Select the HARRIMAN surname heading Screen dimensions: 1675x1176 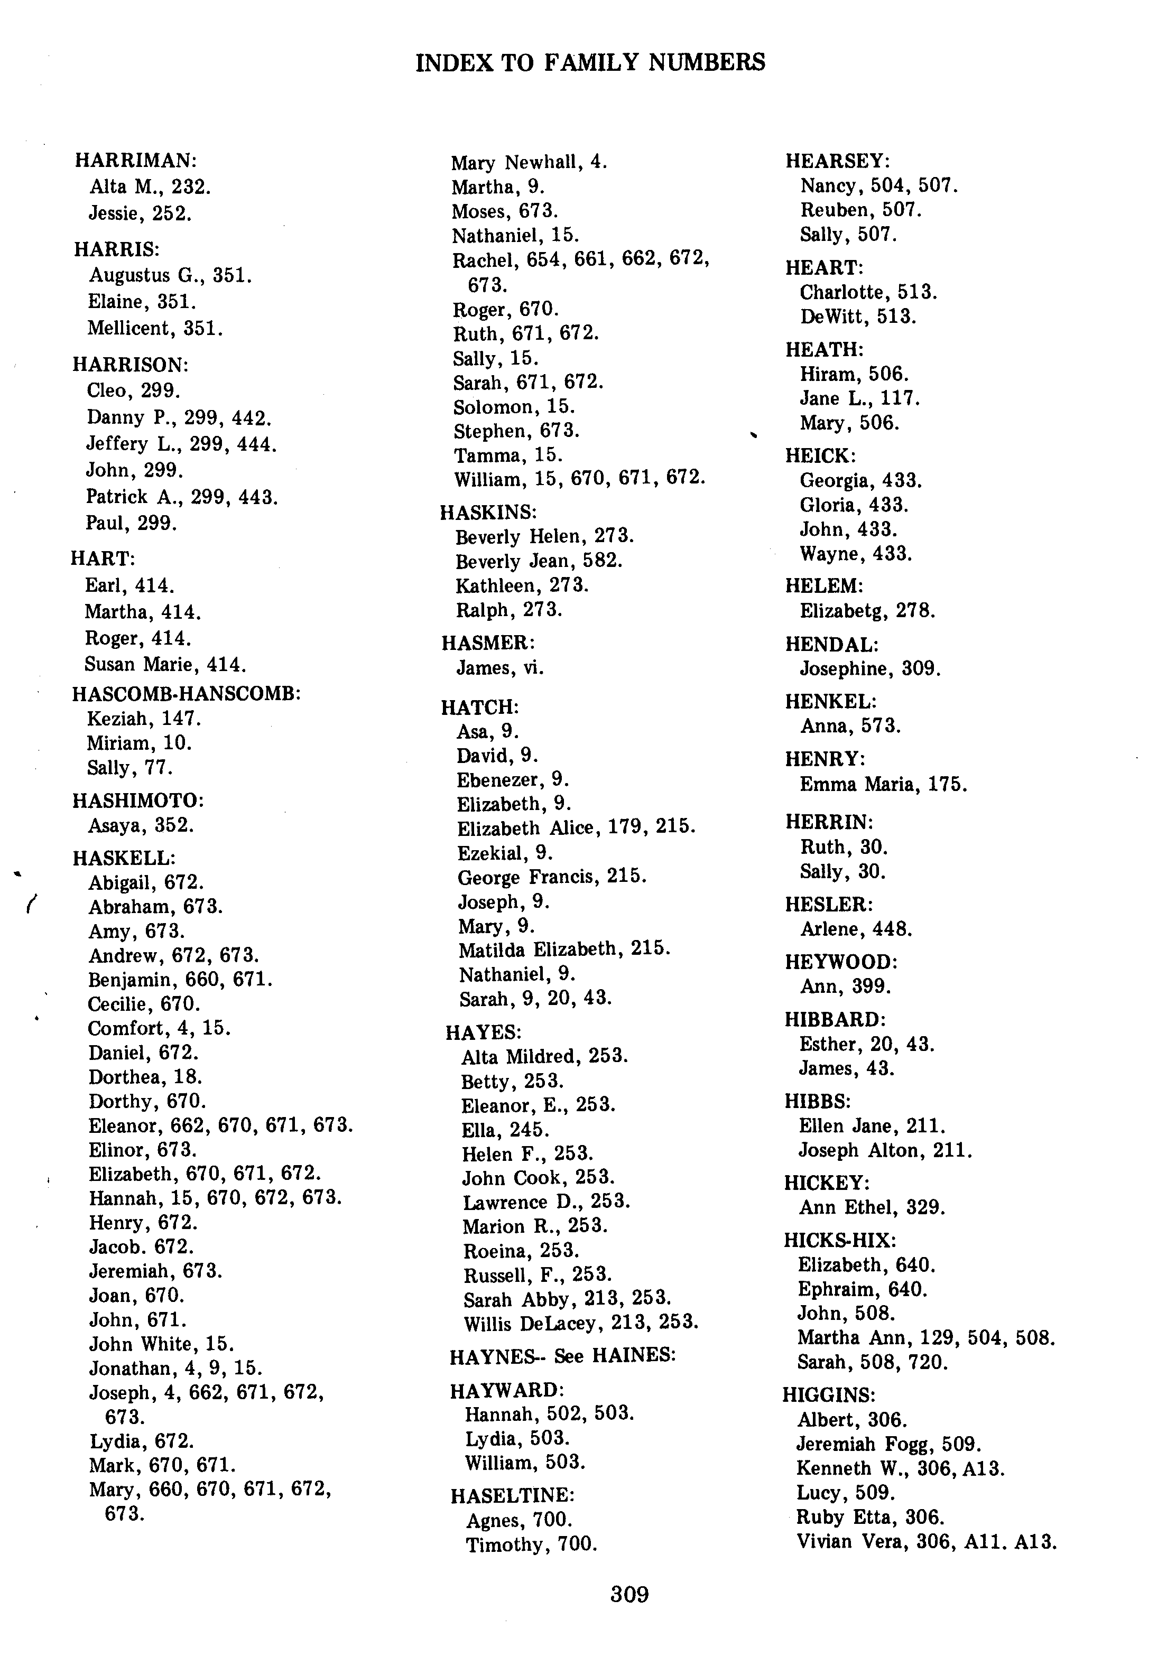(x=136, y=161)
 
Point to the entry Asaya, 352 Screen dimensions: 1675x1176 (x=141, y=825)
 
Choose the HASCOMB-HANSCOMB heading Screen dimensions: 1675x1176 (x=187, y=694)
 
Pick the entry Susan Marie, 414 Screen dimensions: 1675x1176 (x=165, y=665)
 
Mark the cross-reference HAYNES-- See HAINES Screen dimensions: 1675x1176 (x=562, y=1355)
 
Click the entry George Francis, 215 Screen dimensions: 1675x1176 (x=551, y=876)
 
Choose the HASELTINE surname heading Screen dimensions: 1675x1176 (x=512, y=1495)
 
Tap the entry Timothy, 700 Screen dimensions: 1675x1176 (x=531, y=1544)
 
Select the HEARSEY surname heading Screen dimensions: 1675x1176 (x=838, y=161)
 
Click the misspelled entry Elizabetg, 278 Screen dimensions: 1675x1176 (x=867, y=611)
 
